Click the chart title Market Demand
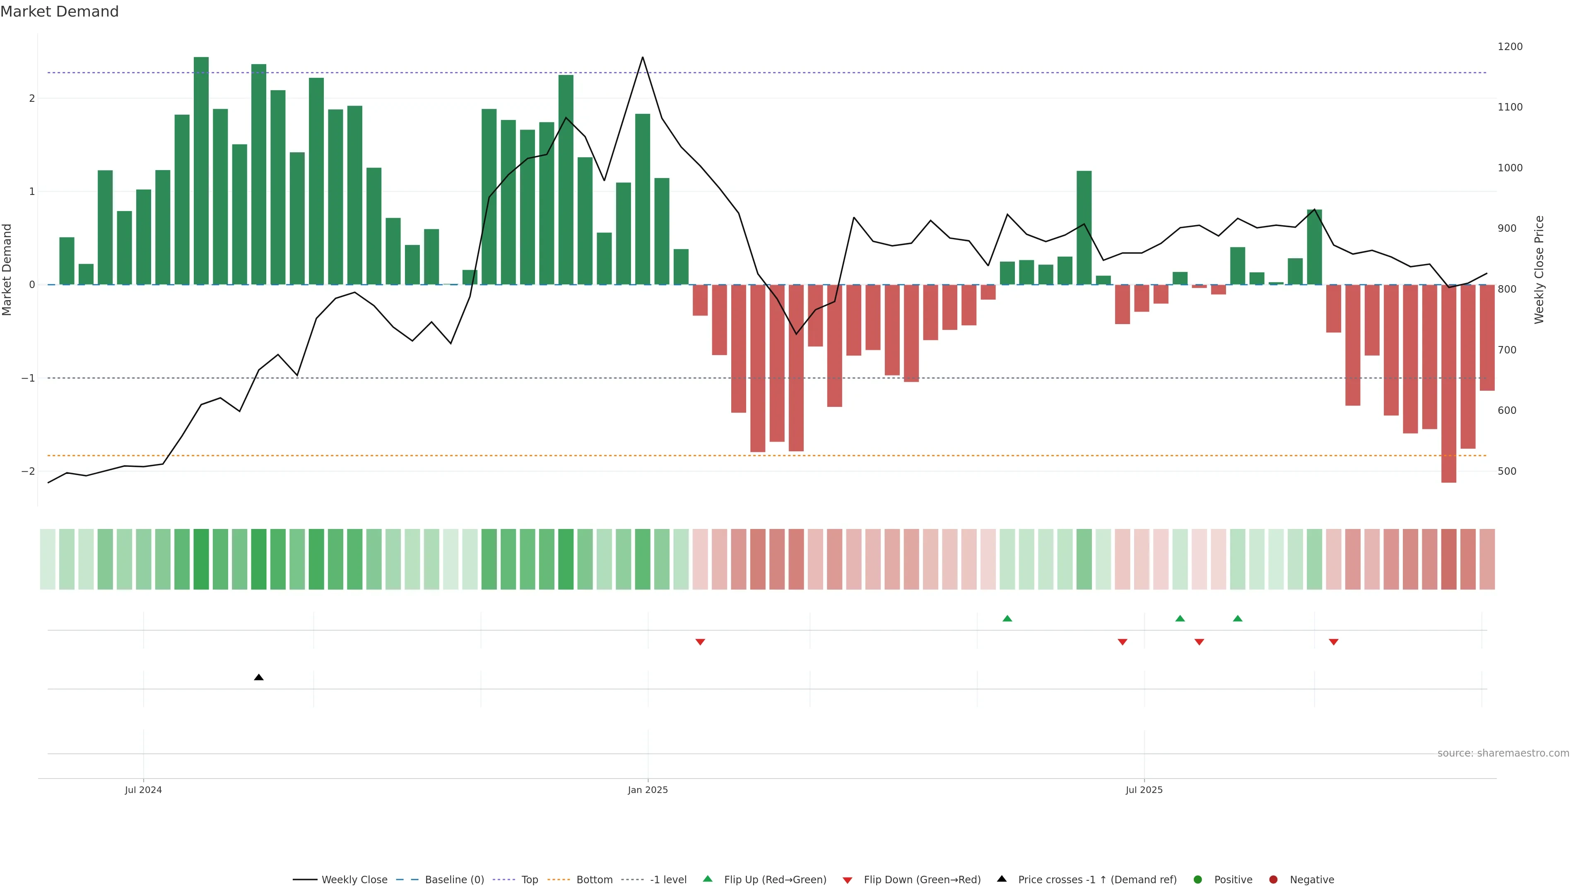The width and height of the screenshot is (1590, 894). [59, 12]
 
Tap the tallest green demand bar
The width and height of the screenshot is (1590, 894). [201, 171]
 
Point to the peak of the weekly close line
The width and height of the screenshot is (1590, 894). [643, 58]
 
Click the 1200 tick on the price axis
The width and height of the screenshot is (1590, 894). [1510, 47]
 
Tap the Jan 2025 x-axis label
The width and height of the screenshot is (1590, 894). [648, 790]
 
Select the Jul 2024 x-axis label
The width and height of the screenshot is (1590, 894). [143, 790]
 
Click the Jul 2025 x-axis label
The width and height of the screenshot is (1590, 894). [1144, 790]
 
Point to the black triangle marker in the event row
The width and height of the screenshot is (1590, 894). [259, 678]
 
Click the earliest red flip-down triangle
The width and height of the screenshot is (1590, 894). [700, 642]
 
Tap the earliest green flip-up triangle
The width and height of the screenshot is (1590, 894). [1007, 618]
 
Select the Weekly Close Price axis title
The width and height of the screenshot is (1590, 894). [1539, 269]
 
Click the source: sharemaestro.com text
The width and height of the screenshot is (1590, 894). [1503, 753]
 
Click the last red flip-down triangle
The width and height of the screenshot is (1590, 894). [1333, 642]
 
